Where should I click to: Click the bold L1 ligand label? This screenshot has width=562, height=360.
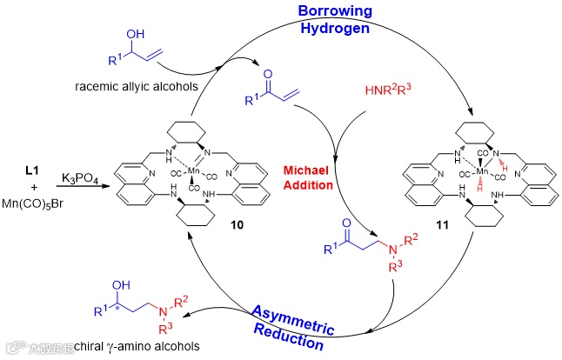24,163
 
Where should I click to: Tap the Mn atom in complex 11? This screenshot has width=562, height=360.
480,170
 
